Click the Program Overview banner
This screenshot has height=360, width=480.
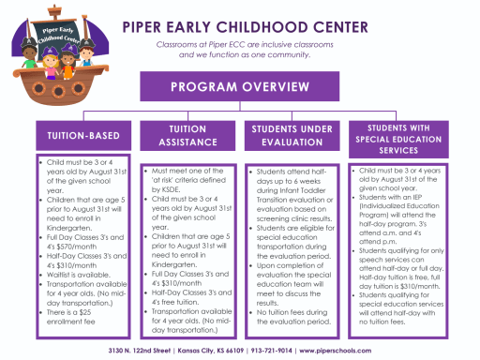pyautogui.click(x=238, y=88)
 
